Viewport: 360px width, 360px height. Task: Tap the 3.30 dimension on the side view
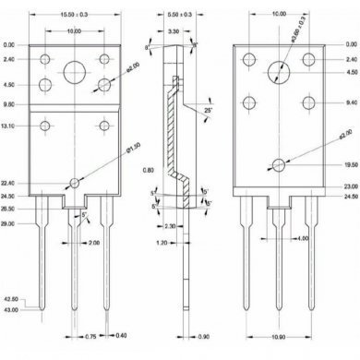(174, 31)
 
